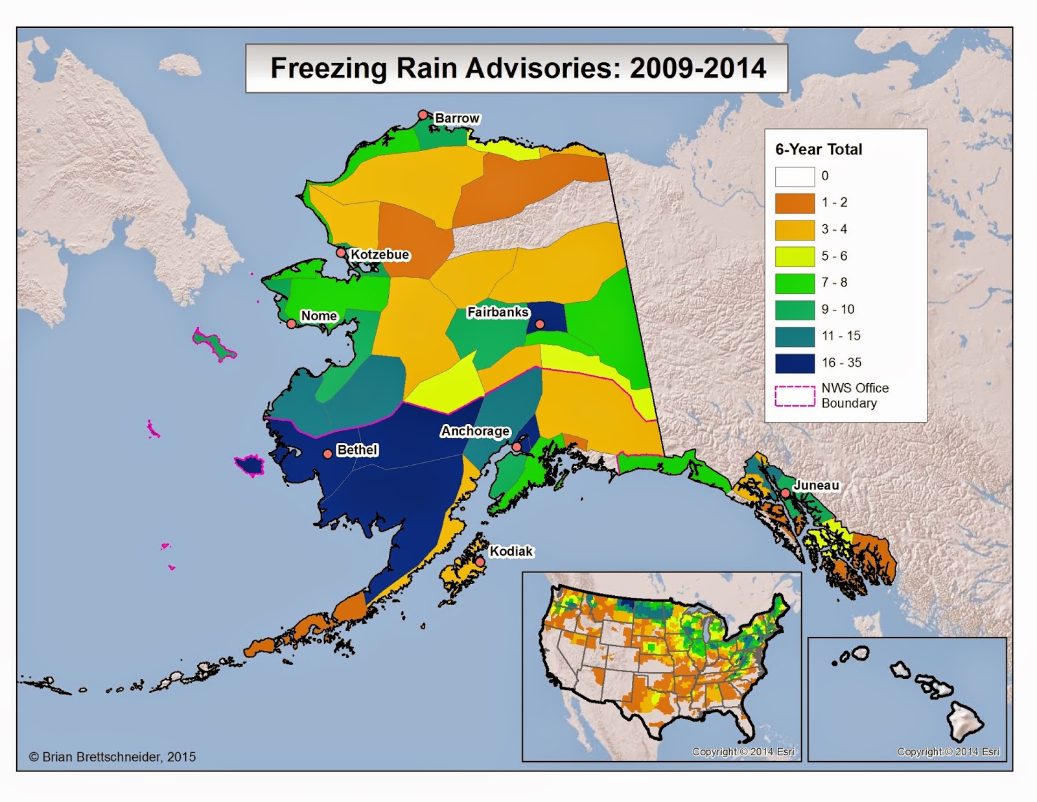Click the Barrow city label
coord(457,118)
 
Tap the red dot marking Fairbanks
coord(540,324)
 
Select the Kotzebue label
coord(380,255)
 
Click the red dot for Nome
coord(292,324)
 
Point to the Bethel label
coord(357,449)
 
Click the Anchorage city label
coord(475,431)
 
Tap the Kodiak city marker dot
coord(480,562)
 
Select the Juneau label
coord(816,485)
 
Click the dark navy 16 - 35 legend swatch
coord(795,363)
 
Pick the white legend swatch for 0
coord(795,176)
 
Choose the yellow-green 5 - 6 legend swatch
coord(795,256)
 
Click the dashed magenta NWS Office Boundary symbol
coord(795,396)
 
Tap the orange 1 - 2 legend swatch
coord(795,203)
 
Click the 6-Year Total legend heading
coord(819,149)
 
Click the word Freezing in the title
coord(329,68)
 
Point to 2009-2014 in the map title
coord(697,68)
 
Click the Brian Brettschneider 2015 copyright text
coord(112,757)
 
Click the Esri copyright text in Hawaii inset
coord(948,752)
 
